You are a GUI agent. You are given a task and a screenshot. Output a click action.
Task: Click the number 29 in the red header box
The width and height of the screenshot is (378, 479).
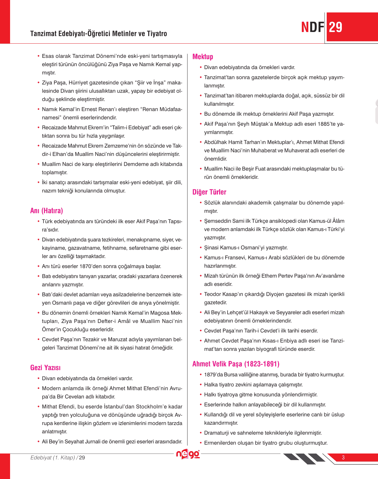(336, 27)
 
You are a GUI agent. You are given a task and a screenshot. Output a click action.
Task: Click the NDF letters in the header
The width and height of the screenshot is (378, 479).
(313, 27)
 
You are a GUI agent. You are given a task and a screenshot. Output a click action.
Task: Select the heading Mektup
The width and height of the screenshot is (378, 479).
(203, 57)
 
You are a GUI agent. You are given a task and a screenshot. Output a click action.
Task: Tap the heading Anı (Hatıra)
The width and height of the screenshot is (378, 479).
(47, 211)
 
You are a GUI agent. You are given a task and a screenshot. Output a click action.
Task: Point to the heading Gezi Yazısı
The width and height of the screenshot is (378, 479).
(45, 367)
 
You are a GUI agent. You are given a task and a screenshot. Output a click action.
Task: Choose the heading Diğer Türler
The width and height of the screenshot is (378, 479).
(209, 192)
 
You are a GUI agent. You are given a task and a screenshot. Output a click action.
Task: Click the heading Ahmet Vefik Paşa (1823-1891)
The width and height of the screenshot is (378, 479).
(236, 364)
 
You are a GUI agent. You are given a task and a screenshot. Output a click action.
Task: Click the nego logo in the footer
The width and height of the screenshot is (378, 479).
(188, 454)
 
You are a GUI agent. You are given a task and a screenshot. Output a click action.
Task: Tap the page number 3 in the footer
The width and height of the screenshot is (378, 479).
(343, 457)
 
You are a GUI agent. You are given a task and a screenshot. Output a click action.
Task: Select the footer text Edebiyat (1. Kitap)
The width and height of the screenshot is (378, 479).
(53, 457)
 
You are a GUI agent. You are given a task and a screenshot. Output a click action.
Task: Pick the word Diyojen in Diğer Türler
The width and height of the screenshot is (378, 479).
(275, 294)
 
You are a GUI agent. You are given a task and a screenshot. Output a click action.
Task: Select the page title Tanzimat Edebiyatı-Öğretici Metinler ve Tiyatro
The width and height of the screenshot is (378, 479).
(98, 34)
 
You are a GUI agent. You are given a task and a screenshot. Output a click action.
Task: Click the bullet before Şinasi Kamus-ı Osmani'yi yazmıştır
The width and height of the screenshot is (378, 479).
(201, 248)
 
